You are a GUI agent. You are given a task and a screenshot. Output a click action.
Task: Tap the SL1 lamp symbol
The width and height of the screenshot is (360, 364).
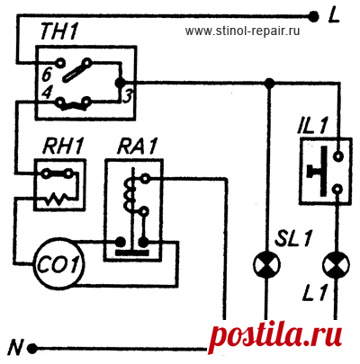(266, 264)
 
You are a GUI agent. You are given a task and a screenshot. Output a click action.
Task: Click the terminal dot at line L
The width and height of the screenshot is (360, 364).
(314, 16)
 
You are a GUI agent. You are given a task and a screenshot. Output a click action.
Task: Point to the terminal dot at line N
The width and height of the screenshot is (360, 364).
(32, 349)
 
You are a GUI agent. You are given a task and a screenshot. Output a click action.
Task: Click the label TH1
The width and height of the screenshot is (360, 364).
(58, 31)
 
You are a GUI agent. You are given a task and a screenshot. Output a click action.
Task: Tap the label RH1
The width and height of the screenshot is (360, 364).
(63, 146)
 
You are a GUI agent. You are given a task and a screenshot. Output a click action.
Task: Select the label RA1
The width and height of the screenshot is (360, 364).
(137, 146)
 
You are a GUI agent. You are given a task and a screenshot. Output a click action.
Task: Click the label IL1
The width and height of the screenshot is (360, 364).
(312, 127)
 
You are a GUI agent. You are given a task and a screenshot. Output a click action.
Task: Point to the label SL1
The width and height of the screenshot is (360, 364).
(294, 238)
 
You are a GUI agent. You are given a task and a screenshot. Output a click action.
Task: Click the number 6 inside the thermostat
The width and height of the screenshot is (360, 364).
(47, 75)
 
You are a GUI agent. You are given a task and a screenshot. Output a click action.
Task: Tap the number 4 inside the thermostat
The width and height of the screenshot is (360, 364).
(46, 93)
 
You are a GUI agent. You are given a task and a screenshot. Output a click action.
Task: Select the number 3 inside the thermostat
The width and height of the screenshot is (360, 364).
(127, 96)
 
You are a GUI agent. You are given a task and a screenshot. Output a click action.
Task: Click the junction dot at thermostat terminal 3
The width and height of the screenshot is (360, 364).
(121, 82)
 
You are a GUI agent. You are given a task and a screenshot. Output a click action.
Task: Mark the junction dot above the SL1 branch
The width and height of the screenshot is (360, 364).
(270, 83)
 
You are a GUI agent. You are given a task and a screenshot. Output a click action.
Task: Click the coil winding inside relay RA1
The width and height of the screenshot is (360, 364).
(130, 195)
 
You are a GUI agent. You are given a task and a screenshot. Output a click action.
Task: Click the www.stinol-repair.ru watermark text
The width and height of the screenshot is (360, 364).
(242, 31)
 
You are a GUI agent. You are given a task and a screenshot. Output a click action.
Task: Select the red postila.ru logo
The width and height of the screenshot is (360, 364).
(275, 339)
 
